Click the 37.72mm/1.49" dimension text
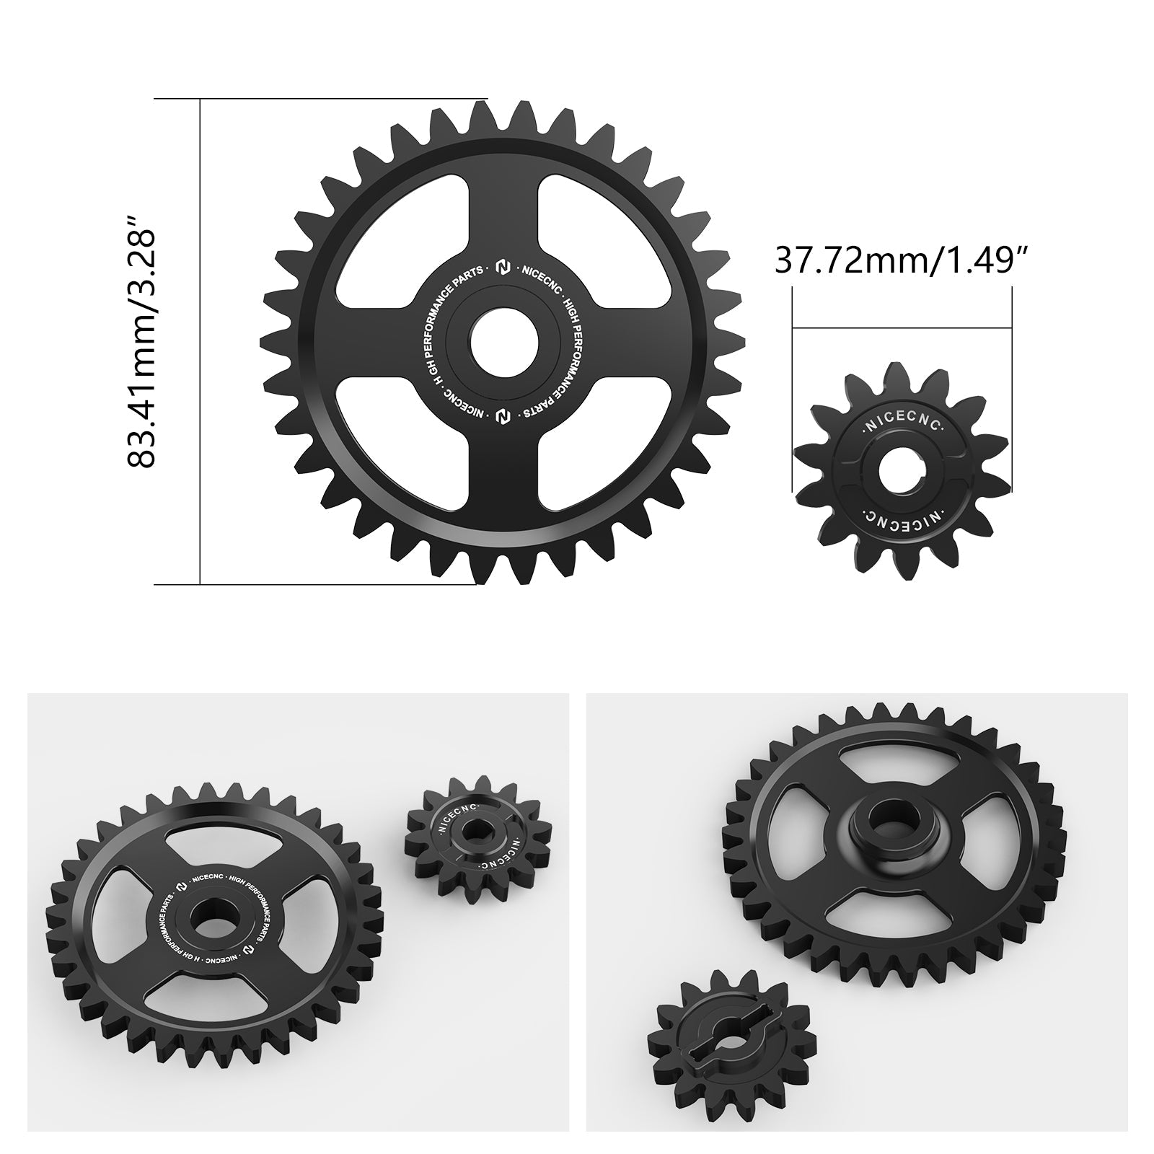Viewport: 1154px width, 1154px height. tap(902, 260)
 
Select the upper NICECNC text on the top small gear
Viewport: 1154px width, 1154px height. tap(902, 426)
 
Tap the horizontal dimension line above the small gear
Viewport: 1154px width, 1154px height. tap(902, 327)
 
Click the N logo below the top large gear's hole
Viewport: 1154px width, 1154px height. tap(503, 416)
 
